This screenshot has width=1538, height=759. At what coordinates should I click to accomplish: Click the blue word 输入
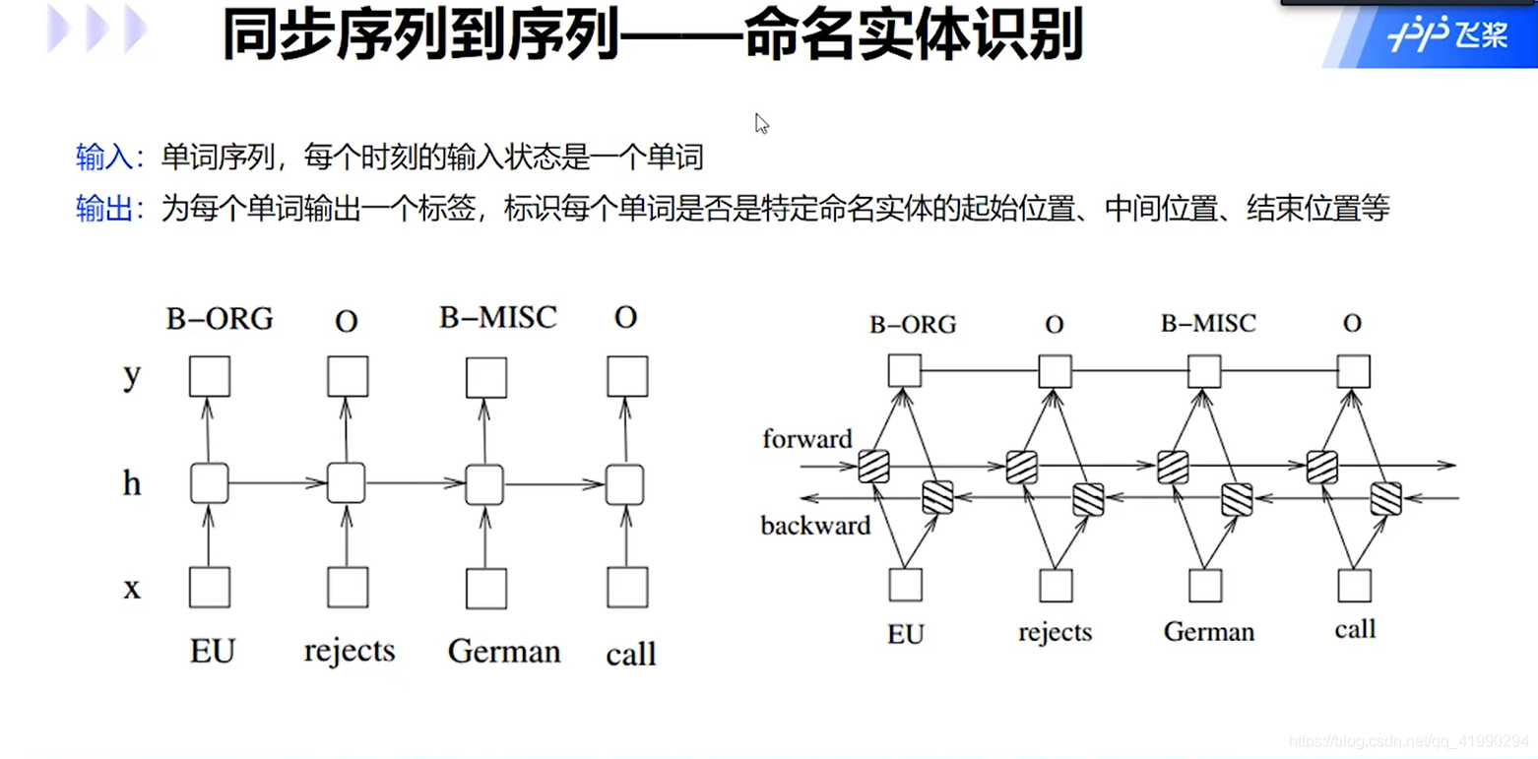pyautogui.click(x=109, y=158)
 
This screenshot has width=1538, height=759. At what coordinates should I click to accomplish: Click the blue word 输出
pyautogui.click(x=109, y=209)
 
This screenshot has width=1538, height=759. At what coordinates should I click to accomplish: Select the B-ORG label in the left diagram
pyautogui.click(x=220, y=319)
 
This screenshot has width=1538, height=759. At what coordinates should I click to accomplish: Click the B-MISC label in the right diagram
pyautogui.click(x=1208, y=324)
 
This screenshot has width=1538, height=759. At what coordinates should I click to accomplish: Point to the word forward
pyautogui.click(x=806, y=439)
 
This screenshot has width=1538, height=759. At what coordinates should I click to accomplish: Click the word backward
pyautogui.click(x=815, y=526)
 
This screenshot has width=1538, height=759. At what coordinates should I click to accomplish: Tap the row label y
pyautogui.click(x=132, y=375)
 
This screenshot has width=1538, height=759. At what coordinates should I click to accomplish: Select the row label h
pyautogui.click(x=132, y=482)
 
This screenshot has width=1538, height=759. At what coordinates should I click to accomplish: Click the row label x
pyautogui.click(x=132, y=588)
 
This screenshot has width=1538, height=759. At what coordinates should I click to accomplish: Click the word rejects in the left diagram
pyautogui.click(x=350, y=651)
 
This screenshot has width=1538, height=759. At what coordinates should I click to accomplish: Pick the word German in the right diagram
pyautogui.click(x=1209, y=630)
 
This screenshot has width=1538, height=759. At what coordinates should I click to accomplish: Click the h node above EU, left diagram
pyautogui.click(x=210, y=483)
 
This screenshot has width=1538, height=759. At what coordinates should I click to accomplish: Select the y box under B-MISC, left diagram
pyautogui.click(x=486, y=377)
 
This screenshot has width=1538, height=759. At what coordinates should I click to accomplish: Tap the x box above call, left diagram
pyautogui.click(x=627, y=588)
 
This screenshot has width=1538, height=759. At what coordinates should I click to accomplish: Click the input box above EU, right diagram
pyautogui.click(x=905, y=585)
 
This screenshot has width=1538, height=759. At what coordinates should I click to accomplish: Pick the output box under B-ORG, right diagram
pyautogui.click(x=904, y=371)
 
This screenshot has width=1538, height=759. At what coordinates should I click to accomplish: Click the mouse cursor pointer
pyautogui.click(x=761, y=123)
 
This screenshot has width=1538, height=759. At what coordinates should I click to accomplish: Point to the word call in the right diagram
pyautogui.click(x=1355, y=629)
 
